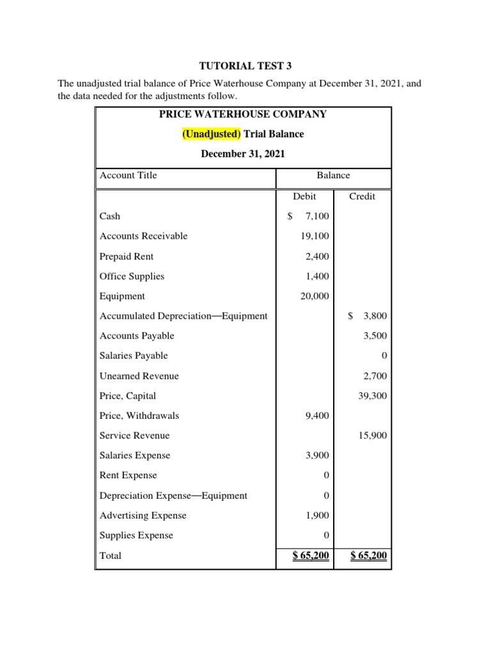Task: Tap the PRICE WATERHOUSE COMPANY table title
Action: (x=242, y=114)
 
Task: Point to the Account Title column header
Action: (x=129, y=176)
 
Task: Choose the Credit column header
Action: (x=362, y=197)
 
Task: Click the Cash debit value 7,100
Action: (x=316, y=217)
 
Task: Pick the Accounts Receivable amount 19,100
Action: (x=315, y=236)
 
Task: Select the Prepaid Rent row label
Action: (x=127, y=257)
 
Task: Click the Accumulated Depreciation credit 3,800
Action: (x=374, y=316)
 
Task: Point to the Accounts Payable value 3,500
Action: (x=374, y=336)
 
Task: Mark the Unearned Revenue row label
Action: (x=139, y=376)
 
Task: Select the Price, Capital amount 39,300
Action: (x=372, y=396)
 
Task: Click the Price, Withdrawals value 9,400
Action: (x=316, y=416)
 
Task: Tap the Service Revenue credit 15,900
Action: (x=372, y=436)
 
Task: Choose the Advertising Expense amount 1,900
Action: (x=316, y=515)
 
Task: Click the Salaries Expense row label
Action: (x=135, y=456)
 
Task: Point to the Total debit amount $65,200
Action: (x=311, y=556)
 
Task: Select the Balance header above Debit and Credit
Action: (x=333, y=176)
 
